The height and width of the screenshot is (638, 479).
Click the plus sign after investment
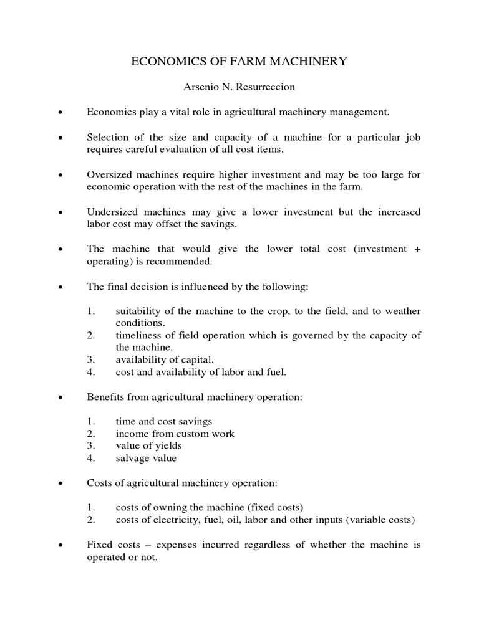pyautogui.click(x=417, y=249)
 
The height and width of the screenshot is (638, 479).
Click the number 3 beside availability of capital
pyautogui.click(x=90, y=360)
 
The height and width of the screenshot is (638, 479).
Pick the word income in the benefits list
pyautogui.click(x=130, y=434)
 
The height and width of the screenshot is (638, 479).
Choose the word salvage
pyautogui.click(x=131, y=458)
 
